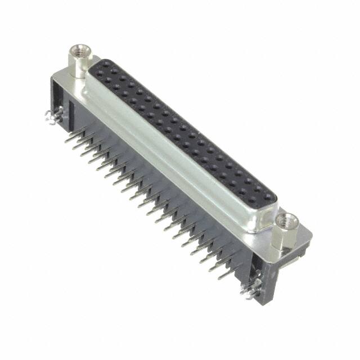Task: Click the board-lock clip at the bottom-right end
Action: pyautogui.click(x=248, y=291)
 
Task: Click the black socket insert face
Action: pyautogui.click(x=186, y=135)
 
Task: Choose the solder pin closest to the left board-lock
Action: pyautogui.click(x=69, y=138)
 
